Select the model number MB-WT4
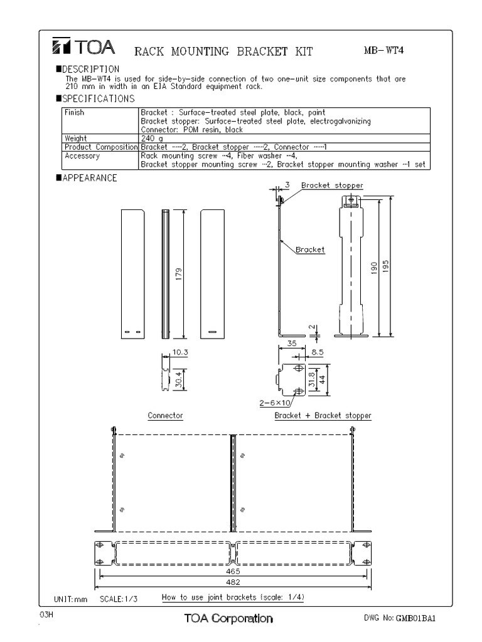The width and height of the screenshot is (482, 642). (383, 50)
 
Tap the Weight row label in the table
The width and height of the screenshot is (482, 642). (76, 137)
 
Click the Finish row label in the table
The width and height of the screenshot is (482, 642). (75, 113)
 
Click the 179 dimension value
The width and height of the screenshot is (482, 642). (179, 274)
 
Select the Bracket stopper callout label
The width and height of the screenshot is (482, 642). (332, 186)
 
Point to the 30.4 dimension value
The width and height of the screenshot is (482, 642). (179, 379)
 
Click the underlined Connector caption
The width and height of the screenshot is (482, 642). (165, 416)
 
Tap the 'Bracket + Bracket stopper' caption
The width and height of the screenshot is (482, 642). (323, 416)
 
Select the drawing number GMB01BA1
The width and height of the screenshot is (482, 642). (415, 618)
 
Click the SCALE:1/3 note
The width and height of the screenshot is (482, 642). (119, 599)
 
